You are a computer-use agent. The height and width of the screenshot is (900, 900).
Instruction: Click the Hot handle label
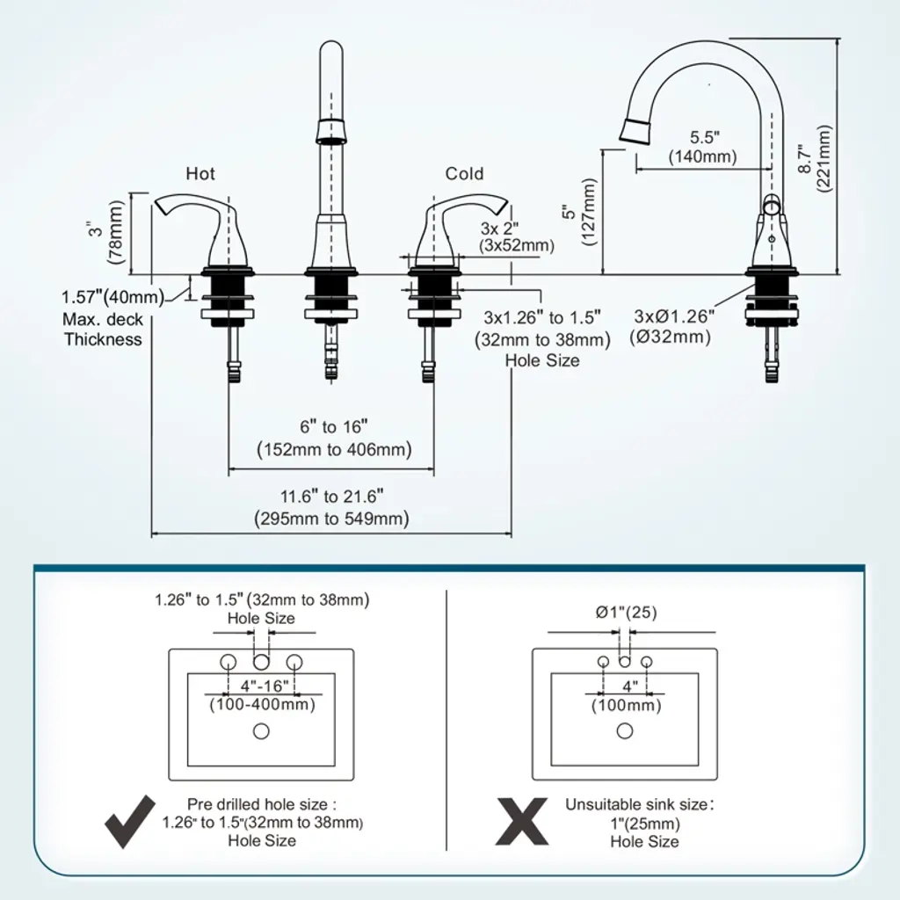click(x=200, y=173)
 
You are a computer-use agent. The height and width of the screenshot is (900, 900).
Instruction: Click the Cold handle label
click(x=464, y=173)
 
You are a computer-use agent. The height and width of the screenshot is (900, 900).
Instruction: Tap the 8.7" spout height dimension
click(x=814, y=158)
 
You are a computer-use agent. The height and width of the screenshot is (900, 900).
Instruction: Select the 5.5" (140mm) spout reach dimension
click(x=702, y=147)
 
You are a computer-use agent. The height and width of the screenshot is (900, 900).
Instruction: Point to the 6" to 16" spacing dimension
click(x=334, y=438)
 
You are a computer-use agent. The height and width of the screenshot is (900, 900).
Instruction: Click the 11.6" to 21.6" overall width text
click(x=331, y=507)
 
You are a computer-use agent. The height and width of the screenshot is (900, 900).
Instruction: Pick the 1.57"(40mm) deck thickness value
click(x=112, y=297)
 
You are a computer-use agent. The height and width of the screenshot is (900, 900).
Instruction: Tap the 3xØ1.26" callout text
click(x=674, y=316)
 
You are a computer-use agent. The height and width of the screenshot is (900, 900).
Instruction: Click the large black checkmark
click(x=130, y=822)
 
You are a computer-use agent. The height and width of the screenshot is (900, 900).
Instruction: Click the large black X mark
click(x=522, y=822)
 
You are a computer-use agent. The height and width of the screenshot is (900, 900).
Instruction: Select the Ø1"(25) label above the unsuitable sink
click(x=626, y=613)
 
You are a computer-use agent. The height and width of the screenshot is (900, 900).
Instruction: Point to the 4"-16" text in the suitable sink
click(x=265, y=686)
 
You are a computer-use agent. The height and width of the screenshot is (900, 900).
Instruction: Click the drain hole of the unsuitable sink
click(x=625, y=730)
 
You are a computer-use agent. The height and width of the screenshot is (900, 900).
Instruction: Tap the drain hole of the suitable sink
click(x=261, y=731)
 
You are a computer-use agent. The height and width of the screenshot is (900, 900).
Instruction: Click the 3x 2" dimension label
click(x=499, y=229)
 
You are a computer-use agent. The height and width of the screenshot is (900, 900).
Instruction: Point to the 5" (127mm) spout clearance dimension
click(x=579, y=212)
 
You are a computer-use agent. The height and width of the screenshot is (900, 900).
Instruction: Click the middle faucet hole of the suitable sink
click(x=261, y=662)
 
